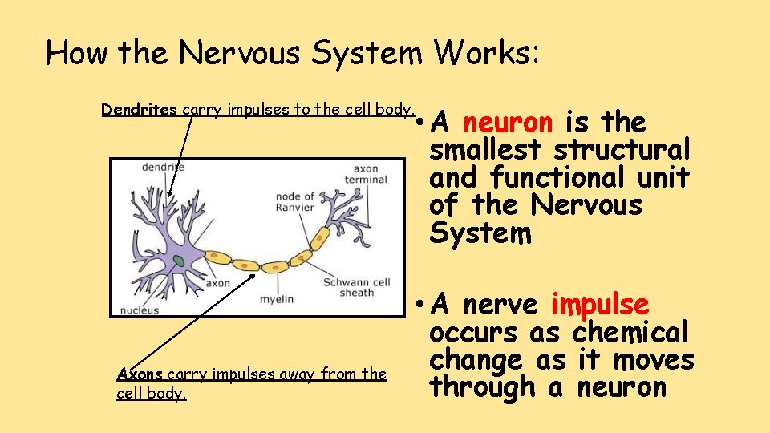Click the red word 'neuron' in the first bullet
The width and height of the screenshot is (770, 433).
coord(507,123)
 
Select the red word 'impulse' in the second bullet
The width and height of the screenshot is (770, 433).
coord(600,305)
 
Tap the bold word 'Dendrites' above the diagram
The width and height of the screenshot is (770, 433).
coord(140,110)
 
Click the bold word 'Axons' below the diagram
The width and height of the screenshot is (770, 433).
coord(140,374)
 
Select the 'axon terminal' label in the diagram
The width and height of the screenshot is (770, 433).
coord(365,174)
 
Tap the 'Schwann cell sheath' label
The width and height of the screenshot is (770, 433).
coord(357,287)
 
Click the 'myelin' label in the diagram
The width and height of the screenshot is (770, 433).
coord(277,300)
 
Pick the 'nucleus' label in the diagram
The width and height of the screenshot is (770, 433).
coord(140,310)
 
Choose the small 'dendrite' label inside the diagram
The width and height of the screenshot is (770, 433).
coord(163,167)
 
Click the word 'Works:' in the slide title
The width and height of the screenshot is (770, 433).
coord(488,53)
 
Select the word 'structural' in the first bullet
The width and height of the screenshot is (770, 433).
coord(622,150)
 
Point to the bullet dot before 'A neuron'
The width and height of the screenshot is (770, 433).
coord(419,123)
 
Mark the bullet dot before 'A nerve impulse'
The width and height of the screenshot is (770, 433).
coord(419,306)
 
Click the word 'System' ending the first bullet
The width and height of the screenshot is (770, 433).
coord(480,233)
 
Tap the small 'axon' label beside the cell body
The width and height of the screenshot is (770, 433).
coord(217,283)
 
